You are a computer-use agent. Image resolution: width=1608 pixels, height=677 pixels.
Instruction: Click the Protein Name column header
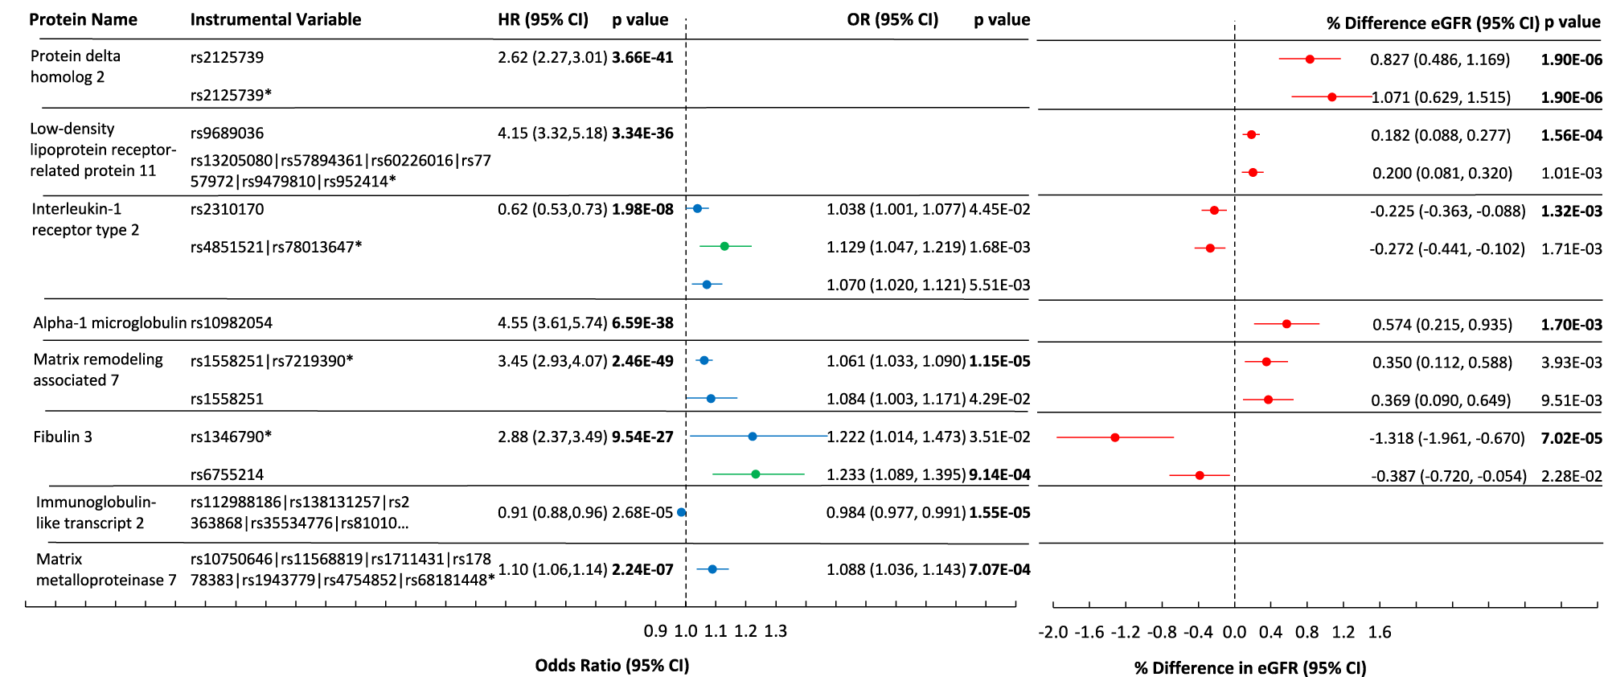click(83, 19)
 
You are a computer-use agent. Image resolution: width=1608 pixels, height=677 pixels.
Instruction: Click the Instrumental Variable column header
click(275, 19)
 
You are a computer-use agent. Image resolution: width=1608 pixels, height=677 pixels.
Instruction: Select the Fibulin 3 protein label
click(63, 437)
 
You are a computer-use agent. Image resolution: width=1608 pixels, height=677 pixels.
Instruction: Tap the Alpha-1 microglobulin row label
click(109, 322)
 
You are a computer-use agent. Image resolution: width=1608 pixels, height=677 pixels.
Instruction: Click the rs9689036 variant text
click(227, 133)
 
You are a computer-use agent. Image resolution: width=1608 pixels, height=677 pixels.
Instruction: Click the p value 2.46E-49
click(642, 361)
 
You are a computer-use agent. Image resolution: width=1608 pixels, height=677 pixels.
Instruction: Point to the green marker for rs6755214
click(756, 474)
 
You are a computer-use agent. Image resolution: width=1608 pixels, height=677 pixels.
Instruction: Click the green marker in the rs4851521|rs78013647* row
click(724, 246)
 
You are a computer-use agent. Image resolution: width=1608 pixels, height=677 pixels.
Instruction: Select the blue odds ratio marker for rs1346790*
click(753, 437)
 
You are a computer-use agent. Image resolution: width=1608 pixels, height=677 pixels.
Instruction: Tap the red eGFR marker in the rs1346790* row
click(1115, 437)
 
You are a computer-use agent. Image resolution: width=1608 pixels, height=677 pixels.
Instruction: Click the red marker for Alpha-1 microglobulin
click(1286, 324)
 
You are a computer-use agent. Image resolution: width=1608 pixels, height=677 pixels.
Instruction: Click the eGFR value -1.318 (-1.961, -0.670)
click(1446, 438)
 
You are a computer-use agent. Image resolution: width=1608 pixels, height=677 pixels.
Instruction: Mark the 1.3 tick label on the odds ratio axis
click(775, 631)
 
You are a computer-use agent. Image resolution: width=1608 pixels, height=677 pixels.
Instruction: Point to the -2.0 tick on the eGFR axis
click(1053, 632)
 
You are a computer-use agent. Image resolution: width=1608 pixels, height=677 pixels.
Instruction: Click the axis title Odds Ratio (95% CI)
click(612, 665)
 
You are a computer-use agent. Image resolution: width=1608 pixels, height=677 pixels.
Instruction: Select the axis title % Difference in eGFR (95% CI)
click(1250, 667)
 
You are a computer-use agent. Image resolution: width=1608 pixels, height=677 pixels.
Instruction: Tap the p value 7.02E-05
click(1571, 438)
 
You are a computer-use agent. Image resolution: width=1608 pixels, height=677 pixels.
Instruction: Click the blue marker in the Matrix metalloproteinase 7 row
click(712, 569)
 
